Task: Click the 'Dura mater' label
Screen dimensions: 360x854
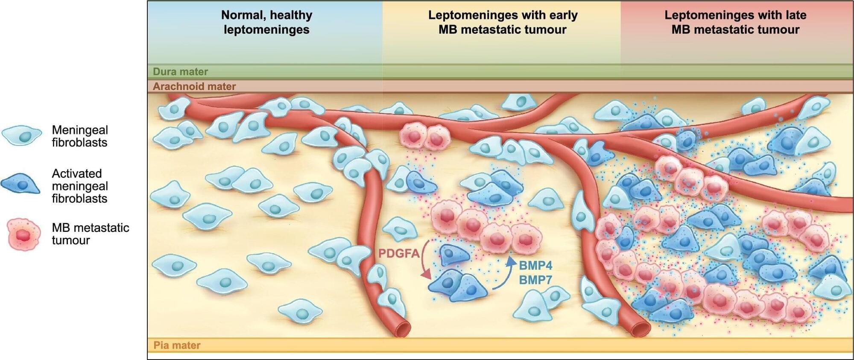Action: pyautogui.click(x=180, y=72)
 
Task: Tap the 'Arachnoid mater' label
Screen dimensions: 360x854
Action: pyautogui.click(x=194, y=86)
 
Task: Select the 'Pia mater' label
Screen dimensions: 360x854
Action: pyautogui.click(x=177, y=345)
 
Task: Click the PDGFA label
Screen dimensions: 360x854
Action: pyautogui.click(x=399, y=254)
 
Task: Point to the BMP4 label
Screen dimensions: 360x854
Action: pyautogui.click(x=535, y=266)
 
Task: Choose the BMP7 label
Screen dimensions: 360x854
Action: pyautogui.click(x=535, y=280)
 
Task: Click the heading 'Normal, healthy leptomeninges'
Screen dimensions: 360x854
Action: pyautogui.click(x=266, y=22)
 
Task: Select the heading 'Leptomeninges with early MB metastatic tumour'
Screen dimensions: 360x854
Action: pyautogui.click(x=503, y=22)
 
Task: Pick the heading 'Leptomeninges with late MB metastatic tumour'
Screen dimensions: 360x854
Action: pyautogui.click(x=735, y=22)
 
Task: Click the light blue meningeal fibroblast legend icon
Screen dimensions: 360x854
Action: pyautogui.click(x=22, y=135)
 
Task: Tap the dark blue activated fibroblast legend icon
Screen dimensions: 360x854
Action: pyautogui.click(x=20, y=184)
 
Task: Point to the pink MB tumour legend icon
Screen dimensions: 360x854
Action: pyautogui.click(x=24, y=234)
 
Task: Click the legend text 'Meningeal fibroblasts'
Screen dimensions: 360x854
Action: pyautogui.click(x=80, y=136)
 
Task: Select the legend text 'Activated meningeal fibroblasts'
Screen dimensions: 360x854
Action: pyautogui.click(x=80, y=186)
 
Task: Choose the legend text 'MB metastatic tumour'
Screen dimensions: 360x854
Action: pyautogui.click(x=90, y=234)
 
